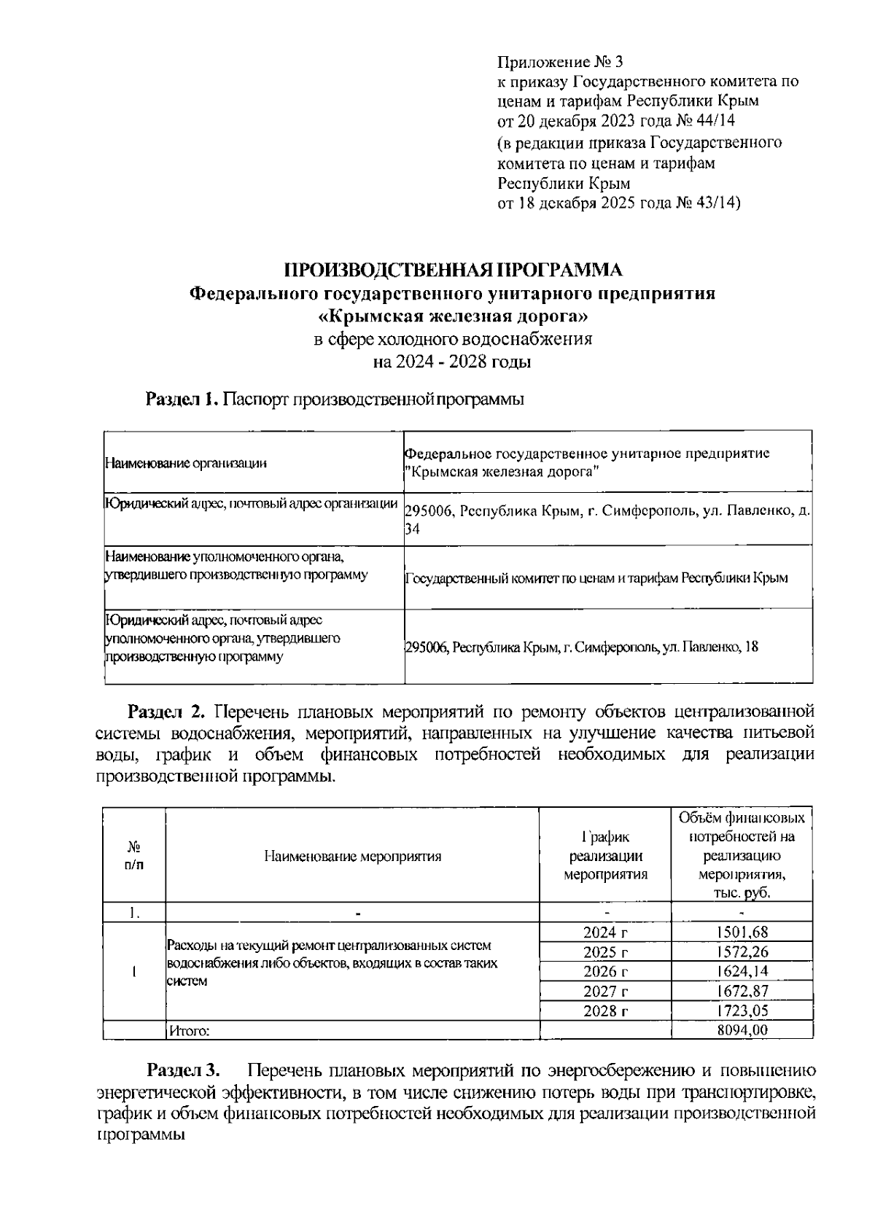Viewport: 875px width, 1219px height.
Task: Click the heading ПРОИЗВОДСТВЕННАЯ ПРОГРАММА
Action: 453,270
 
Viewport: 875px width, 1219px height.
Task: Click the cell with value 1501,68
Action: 742,932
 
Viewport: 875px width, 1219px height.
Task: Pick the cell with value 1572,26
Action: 742,951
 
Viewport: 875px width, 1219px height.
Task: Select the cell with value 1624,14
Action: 742,971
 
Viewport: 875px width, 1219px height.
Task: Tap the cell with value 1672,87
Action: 742,991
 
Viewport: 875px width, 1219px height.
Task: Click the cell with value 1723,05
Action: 742,1010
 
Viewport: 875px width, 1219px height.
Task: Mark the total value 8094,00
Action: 742,1029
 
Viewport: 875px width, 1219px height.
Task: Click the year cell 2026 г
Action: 605,971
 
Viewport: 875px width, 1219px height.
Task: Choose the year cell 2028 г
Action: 605,1010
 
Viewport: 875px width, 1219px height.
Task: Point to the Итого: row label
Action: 190,1030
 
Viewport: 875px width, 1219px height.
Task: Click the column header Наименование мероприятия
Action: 352,857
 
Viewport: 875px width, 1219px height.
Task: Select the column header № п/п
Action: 134,856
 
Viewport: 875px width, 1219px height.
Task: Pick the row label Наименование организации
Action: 186,462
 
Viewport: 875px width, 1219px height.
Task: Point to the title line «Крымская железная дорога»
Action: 453,316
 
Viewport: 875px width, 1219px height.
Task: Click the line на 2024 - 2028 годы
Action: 453,362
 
